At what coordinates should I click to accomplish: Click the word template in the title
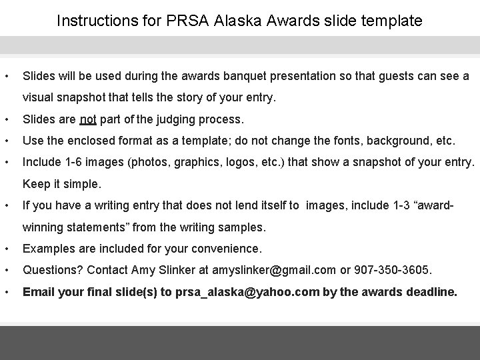pyautogui.click(x=393, y=21)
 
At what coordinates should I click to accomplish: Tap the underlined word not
pyautogui.click(x=88, y=120)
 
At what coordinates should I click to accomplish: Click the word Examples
pyautogui.click(x=49, y=249)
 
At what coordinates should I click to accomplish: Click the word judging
pyautogui.click(x=183, y=120)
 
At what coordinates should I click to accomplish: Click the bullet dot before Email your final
pyautogui.click(x=5, y=291)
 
